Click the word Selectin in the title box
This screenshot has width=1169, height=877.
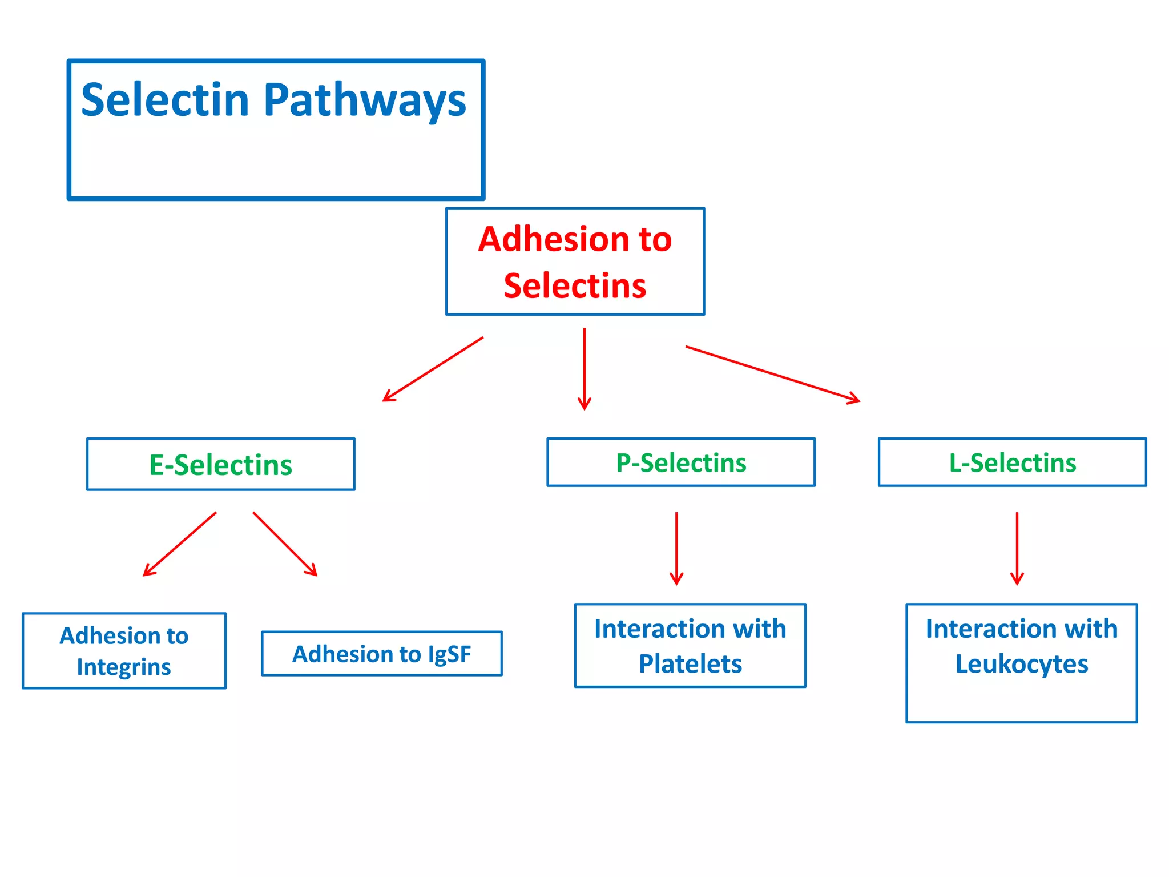pos(166,100)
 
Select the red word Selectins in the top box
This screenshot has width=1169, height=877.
pos(575,285)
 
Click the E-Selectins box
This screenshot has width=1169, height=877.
pos(221,464)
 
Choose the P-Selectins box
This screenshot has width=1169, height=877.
pos(681,462)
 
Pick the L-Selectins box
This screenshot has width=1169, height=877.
pos(1012,462)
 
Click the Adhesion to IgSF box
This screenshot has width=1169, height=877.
pos(381,654)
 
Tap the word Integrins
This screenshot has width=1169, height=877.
pos(124,667)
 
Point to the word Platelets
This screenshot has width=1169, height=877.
pos(690,664)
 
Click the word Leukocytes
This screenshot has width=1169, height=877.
pos(1021,664)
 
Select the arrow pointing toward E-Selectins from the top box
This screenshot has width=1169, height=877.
pos(433,369)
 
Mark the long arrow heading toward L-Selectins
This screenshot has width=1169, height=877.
pos(772,374)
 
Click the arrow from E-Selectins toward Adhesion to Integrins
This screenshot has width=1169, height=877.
pos(180,544)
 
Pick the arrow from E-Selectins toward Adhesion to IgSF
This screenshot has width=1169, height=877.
pos(285,544)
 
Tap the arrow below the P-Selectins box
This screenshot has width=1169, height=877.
pos(676,548)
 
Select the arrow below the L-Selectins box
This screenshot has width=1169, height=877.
pos(1017,548)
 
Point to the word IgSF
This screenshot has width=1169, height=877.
pos(449,654)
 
